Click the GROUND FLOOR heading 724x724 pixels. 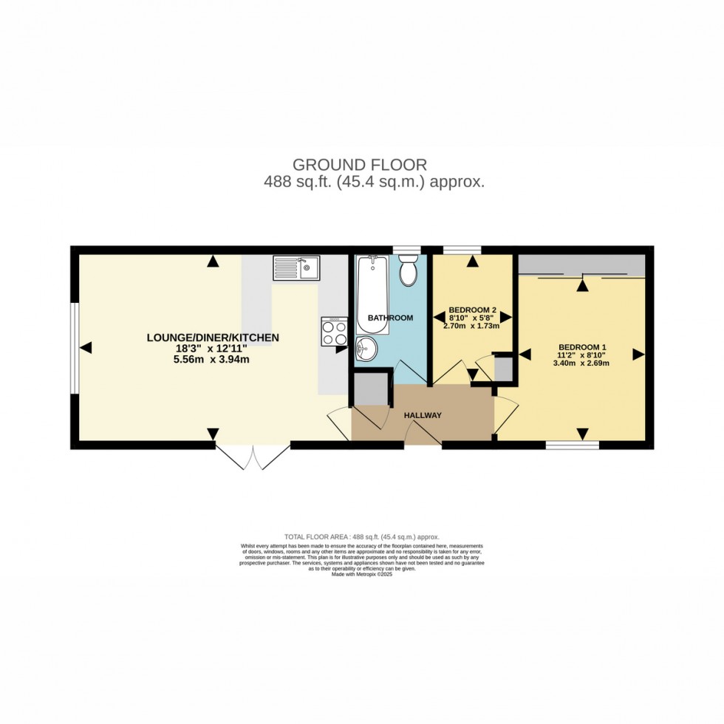tap(360, 164)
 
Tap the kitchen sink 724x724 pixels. tap(296, 267)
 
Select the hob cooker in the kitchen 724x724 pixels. tap(335, 331)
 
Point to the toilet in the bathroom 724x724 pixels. tap(407, 272)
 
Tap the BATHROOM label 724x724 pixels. tap(390, 318)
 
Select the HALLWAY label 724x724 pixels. tap(423, 415)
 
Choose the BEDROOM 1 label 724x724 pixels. tap(582, 347)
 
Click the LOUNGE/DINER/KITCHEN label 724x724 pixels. tap(213, 338)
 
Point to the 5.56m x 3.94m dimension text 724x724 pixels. tap(213, 360)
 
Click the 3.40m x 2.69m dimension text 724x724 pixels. tap(582, 363)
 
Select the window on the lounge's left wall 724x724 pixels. tap(74, 347)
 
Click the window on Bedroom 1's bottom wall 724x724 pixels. tap(572, 445)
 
